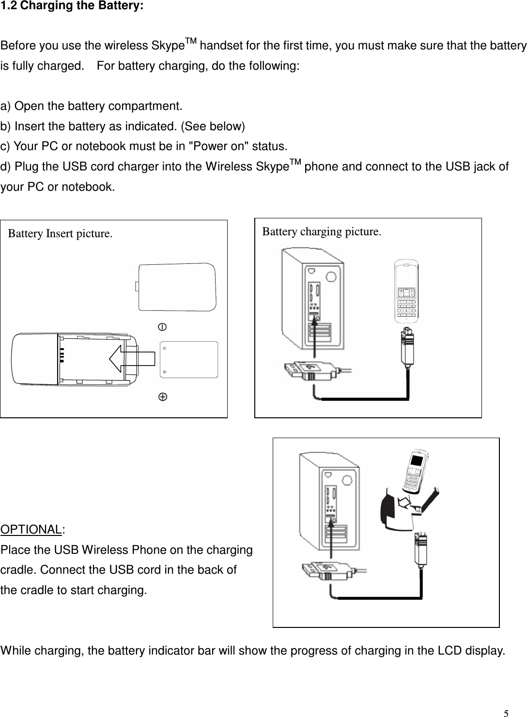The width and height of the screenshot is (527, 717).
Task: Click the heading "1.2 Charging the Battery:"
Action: click(72, 9)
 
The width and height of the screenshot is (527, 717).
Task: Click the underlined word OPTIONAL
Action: click(31, 529)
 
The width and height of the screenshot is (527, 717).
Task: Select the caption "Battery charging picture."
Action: click(321, 231)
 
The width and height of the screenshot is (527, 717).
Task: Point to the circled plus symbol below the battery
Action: click(163, 397)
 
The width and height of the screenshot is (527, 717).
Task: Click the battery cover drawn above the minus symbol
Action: click(176, 287)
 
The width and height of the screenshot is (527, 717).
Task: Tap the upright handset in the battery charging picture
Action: click(406, 290)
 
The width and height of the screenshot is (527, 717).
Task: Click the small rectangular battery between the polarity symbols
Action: click(189, 360)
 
